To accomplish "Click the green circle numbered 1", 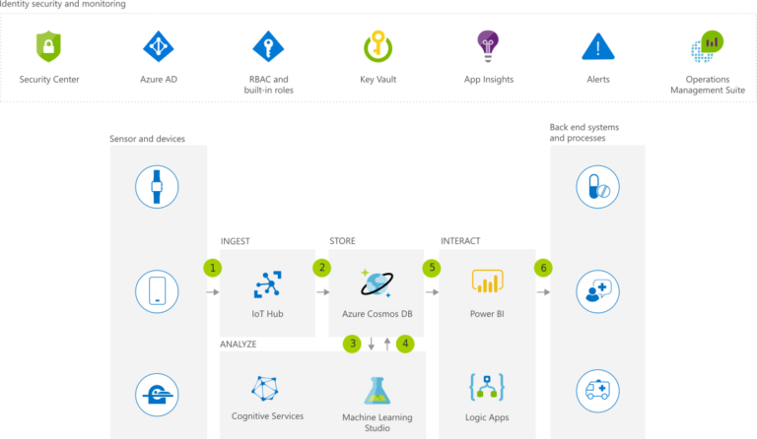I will pos(211,267).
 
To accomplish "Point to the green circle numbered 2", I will pos(321,267).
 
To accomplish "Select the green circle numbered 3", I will pos(351,344).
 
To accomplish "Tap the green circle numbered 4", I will pos(404,344).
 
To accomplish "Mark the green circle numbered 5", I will pos(431,267).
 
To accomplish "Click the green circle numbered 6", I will pos(543,267).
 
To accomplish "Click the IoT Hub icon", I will pos(268,283).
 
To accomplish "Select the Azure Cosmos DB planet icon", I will pos(377,284).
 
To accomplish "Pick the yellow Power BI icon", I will pos(487,284).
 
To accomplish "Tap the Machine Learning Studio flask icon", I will pos(378,391).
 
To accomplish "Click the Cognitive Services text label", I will pos(267,416).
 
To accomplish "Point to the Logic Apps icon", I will pos(487,386).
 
